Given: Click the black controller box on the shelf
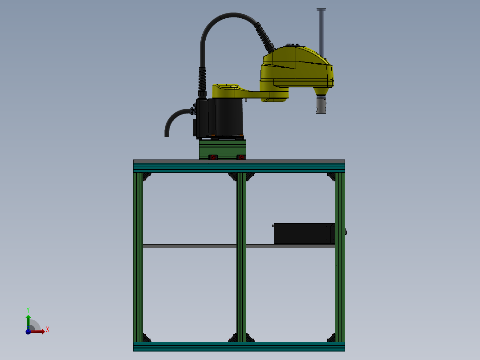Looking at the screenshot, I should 304,233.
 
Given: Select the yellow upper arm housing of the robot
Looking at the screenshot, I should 297,67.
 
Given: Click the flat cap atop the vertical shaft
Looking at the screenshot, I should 321,9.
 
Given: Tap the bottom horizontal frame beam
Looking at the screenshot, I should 239,346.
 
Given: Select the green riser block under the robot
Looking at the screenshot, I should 222,147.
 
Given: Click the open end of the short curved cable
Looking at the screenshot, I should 167,134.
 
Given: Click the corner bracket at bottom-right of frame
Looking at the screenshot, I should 332,338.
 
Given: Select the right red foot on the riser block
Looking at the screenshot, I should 241,157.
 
